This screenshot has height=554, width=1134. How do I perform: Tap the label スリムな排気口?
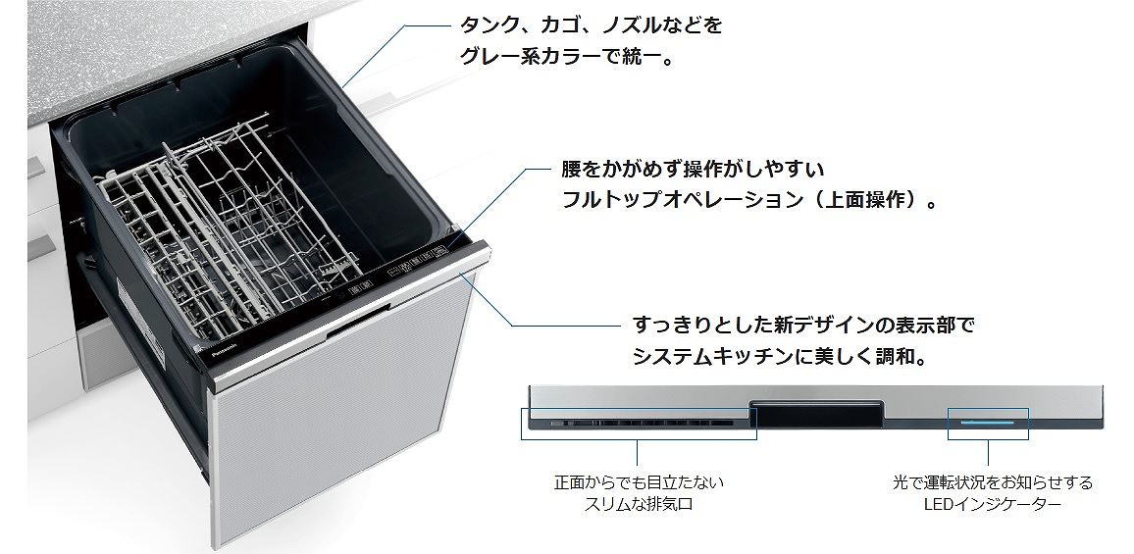pos(639,505)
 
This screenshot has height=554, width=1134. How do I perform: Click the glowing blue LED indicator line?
pos(987,421)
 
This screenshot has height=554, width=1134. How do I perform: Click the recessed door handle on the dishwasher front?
pos(358,321)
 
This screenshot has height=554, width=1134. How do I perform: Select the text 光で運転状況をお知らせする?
pos(993,481)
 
